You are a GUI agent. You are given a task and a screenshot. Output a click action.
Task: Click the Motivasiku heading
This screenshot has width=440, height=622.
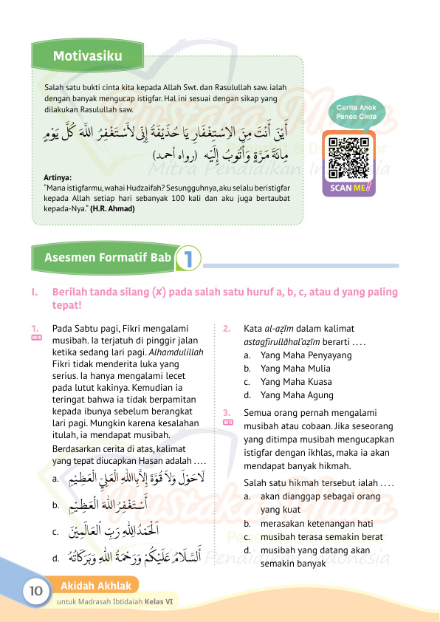[x=87, y=56]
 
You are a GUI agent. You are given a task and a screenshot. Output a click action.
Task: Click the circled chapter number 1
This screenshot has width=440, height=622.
[x=189, y=259]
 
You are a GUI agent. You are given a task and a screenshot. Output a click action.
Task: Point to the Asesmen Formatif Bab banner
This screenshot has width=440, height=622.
[x=107, y=258]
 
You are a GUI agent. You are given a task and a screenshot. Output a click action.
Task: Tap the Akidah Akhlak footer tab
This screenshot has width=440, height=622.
[x=96, y=586]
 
